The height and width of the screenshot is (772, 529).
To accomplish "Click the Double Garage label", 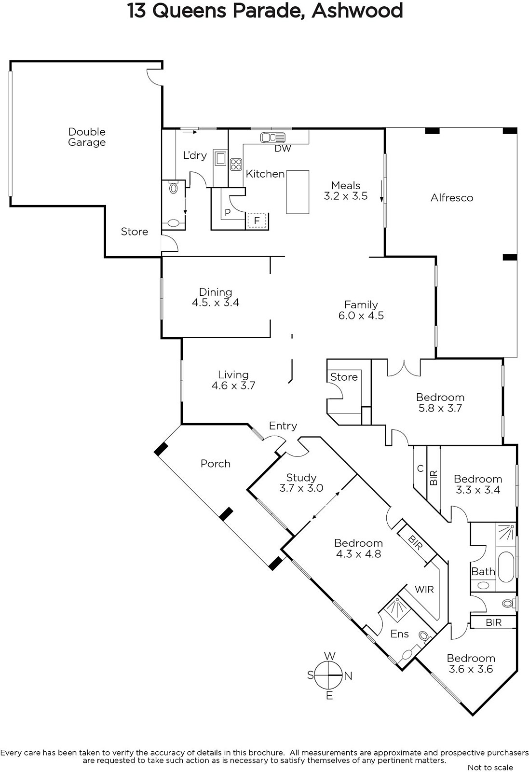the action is pyautogui.click(x=87, y=137).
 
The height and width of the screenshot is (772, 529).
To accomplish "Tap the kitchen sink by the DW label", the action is pyautogui.click(x=273, y=138).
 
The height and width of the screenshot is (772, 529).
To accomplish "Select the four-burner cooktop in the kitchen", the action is pyautogui.click(x=236, y=164).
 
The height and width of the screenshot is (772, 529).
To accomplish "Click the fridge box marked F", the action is pyautogui.click(x=257, y=221).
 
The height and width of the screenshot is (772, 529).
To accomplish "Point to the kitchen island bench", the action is pyautogui.click(x=298, y=192).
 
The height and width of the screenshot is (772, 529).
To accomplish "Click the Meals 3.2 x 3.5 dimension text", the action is pyautogui.click(x=346, y=196).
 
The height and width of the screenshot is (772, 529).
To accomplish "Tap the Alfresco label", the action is pyautogui.click(x=452, y=198).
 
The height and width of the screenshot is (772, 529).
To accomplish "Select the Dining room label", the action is pyautogui.click(x=216, y=292).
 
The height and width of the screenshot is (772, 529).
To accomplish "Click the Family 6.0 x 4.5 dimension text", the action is pyautogui.click(x=361, y=316).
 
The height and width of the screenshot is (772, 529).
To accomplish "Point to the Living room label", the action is pyautogui.click(x=233, y=374).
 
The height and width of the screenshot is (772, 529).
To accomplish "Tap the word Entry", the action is pyautogui.click(x=283, y=426).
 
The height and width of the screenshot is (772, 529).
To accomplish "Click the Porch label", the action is pyautogui.click(x=216, y=464).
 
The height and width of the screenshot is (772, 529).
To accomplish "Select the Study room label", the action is pyautogui.click(x=301, y=478).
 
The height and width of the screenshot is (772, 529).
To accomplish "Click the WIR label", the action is pyautogui.click(x=424, y=589).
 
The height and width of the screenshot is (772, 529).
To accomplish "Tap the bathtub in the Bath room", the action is pyautogui.click(x=506, y=567).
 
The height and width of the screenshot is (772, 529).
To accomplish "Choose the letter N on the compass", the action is pyautogui.click(x=348, y=676).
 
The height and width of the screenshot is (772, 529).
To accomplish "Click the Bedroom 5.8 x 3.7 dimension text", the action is pyautogui.click(x=440, y=408).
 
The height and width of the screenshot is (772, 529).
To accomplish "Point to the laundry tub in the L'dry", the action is pyautogui.click(x=220, y=158).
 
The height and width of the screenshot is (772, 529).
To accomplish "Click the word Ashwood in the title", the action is pyautogui.click(x=357, y=11).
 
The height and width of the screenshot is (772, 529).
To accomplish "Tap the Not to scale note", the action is pyautogui.click(x=490, y=767).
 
